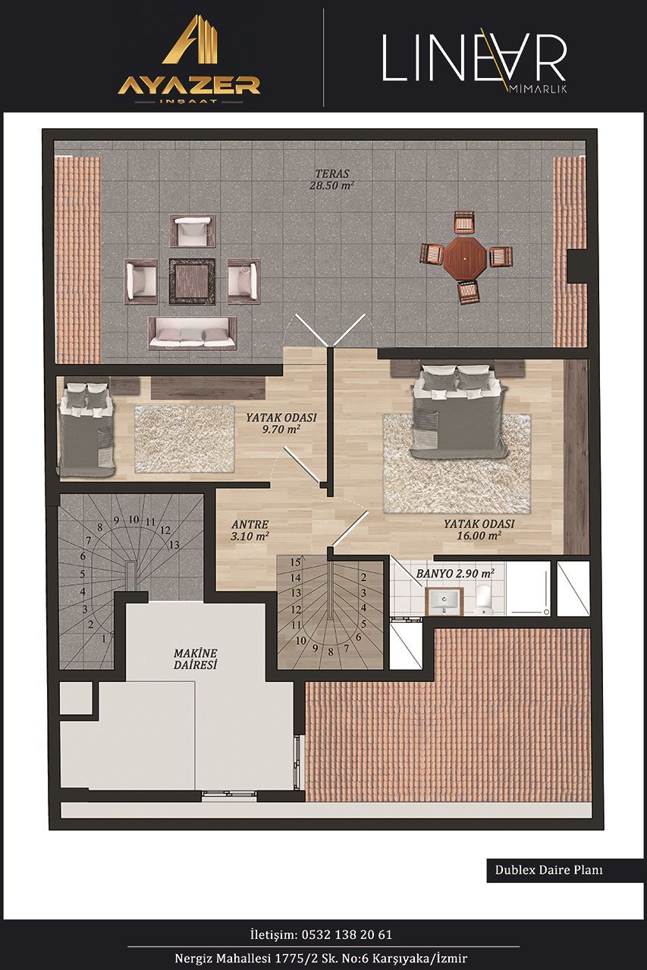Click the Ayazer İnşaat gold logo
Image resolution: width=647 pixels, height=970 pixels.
click(x=189, y=60)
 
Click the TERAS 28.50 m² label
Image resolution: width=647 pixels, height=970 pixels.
click(x=332, y=180)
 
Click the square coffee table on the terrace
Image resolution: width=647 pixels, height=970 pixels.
click(x=192, y=281)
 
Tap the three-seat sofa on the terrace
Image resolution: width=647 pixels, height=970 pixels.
click(x=193, y=333)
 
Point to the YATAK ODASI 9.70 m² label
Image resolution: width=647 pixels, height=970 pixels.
click(x=281, y=423)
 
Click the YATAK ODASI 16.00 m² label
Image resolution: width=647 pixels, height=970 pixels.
click(x=479, y=529)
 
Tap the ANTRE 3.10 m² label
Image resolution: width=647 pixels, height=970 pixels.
click(x=250, y=530)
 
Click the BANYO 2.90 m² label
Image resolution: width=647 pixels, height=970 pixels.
click(x=455, y=574)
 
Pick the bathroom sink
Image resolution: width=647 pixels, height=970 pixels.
click(x=444, y=601)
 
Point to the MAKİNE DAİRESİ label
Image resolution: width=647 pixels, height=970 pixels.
click(x=195, y=659)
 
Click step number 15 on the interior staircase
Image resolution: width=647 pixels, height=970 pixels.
click(x=296, y=562)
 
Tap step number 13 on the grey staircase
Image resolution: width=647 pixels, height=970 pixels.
click(x=174, y=545)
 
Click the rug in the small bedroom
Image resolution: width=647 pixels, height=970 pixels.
click(x=184, y=439)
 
